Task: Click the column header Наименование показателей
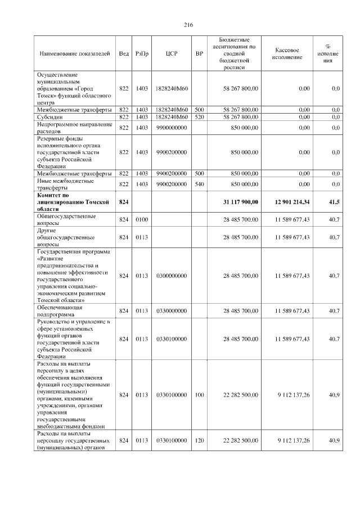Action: point(73,54)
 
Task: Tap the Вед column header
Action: point(124,54)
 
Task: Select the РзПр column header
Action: point(142,54)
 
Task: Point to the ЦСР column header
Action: point(172,54)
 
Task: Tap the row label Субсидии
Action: point(49,117)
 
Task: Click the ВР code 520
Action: point(199,117)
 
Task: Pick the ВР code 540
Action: point(199,184)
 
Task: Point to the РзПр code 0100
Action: point(142,219)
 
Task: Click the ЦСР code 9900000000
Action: point(172,128)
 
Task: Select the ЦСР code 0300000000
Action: point(172,276)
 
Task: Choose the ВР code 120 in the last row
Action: point(199,440)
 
